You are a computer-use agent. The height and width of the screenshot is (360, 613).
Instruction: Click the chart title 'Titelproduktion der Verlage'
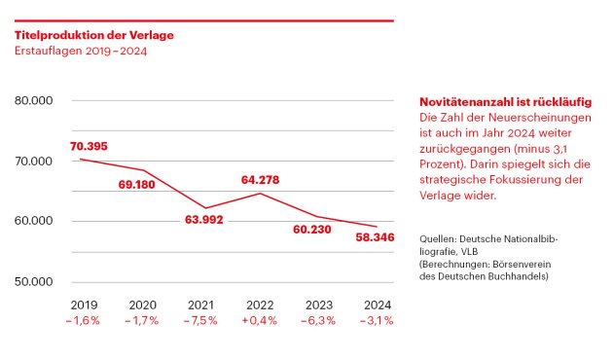(94, 35)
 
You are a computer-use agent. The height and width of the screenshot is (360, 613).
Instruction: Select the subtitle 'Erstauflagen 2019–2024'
(81, 51)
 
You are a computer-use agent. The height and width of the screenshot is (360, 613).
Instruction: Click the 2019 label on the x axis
(84, 305)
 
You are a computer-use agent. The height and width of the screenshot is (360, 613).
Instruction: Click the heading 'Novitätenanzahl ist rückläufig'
(506, 102)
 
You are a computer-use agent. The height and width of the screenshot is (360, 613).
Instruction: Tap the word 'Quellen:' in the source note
(440, 238)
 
